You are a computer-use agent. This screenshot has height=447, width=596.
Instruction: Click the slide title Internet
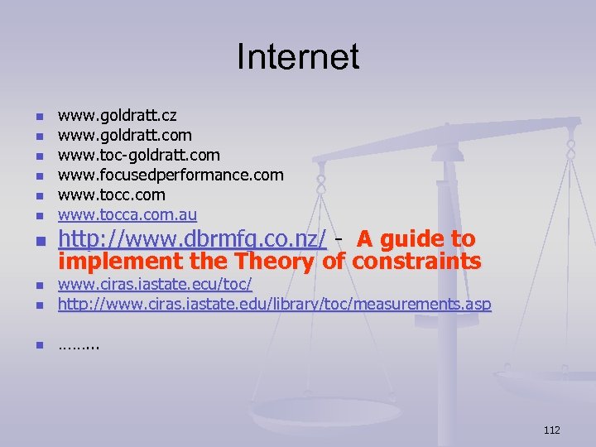[298, 57]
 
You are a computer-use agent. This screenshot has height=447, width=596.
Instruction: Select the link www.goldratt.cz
[117, 115]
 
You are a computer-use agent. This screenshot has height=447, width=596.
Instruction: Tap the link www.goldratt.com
[124, 135]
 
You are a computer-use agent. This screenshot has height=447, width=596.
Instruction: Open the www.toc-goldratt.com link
[138, 155]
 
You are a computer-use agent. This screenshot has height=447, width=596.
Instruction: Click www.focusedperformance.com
[170, 175]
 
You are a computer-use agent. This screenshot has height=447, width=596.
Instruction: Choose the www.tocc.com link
[111, 195]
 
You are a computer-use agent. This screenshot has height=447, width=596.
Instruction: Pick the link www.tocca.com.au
[127, 214]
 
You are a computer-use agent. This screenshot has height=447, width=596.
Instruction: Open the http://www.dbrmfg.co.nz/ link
[192, 239]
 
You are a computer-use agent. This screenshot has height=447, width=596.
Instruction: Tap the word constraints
[416, 262]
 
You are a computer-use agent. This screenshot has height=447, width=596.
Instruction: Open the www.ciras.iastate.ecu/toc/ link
[154, 286]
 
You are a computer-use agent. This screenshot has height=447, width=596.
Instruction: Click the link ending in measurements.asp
[273, 305]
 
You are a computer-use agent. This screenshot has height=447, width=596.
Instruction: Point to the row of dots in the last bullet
[78, 345]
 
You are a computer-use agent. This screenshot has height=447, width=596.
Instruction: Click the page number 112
[552, 430]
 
